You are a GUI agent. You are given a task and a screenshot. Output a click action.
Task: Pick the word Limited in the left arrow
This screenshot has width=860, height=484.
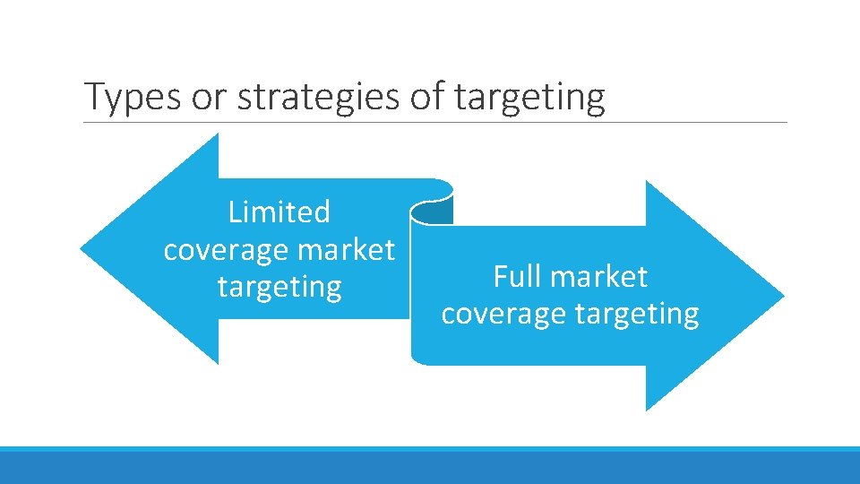[279, 212]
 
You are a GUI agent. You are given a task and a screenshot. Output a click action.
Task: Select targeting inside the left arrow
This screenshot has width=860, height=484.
[279, 288]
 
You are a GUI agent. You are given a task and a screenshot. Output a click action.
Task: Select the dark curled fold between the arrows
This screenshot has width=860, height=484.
[432, 212]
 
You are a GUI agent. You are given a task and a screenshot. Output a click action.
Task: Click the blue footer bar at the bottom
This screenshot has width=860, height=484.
[430, 466]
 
